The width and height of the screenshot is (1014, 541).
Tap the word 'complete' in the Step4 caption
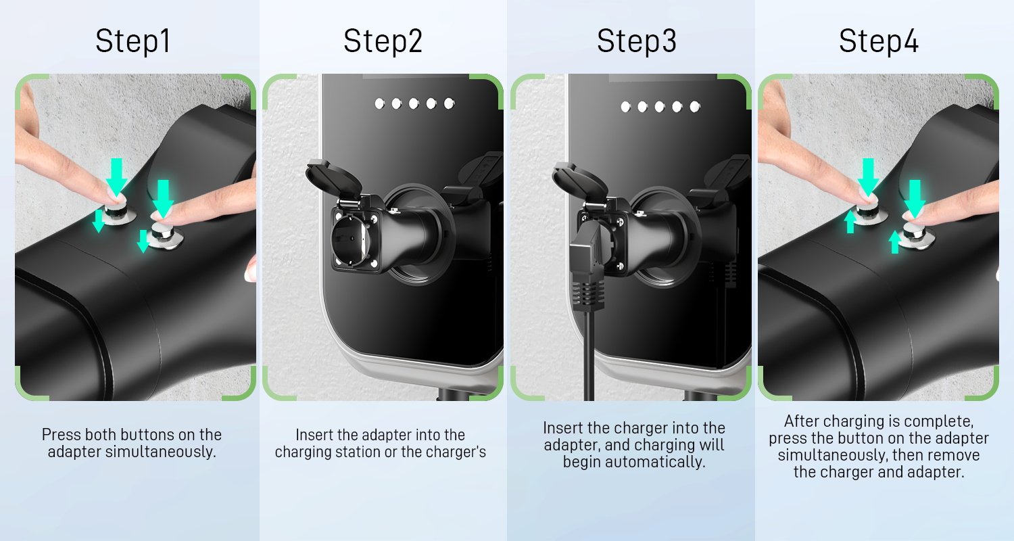point(942,422)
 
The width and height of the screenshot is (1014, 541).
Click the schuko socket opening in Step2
point(350,240)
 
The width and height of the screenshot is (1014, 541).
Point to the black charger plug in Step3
point(587,266)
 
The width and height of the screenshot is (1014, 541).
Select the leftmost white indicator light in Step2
point(380,104)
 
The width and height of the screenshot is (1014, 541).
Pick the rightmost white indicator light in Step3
point(695,107)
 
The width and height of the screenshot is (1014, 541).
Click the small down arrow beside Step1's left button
point(98,221)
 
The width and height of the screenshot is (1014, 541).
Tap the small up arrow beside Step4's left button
point(850,222)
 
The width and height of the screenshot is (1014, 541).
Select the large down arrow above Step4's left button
point(868,177)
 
